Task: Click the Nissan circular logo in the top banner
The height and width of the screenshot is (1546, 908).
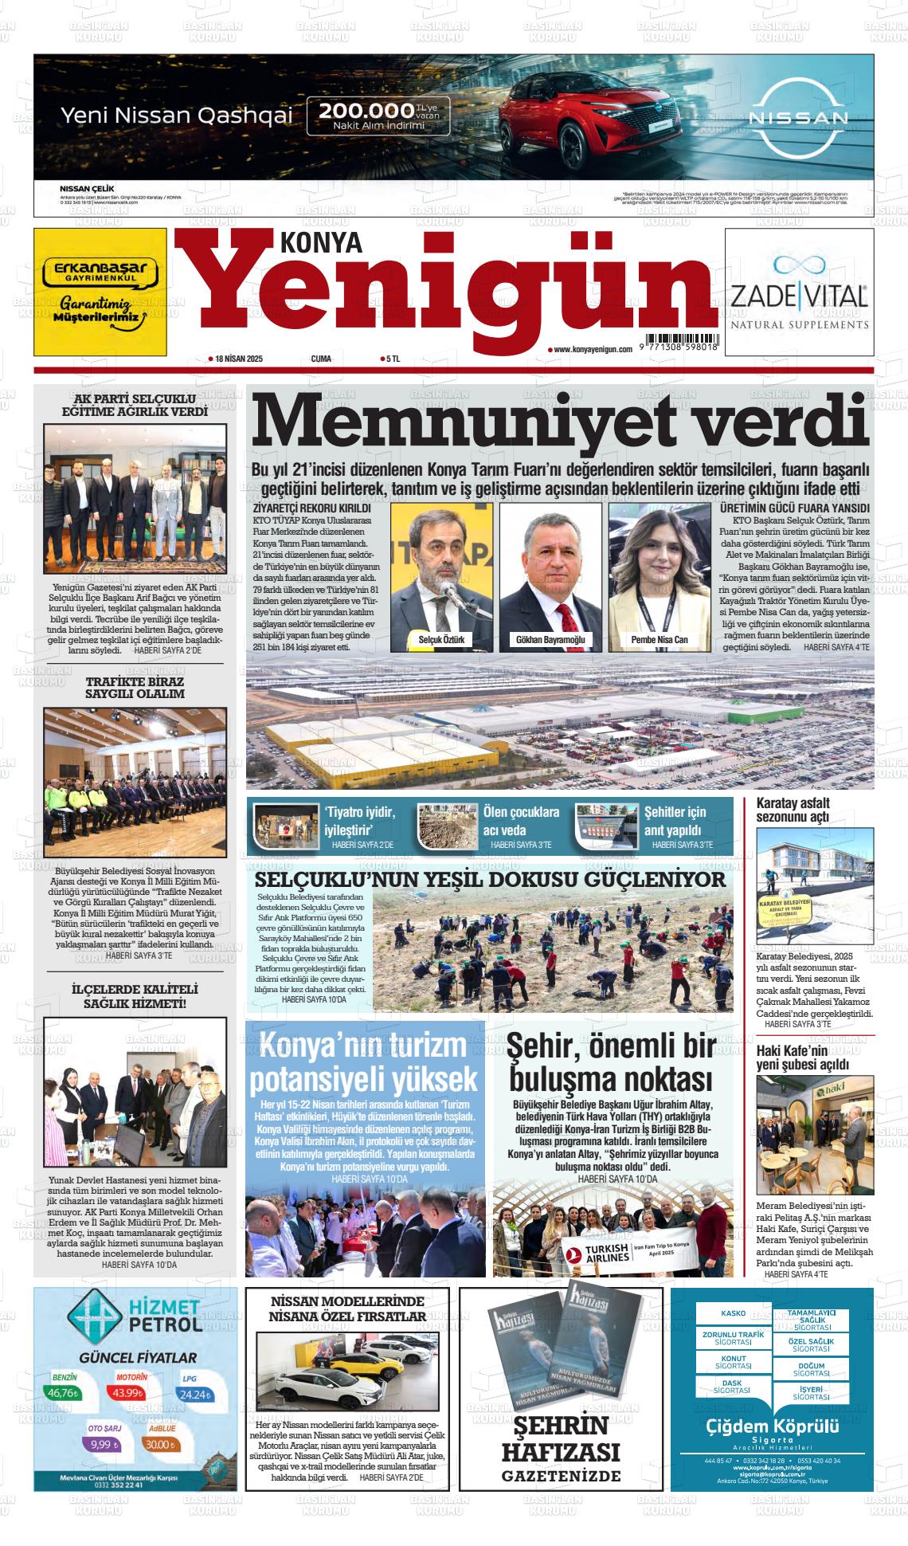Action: (797, 119)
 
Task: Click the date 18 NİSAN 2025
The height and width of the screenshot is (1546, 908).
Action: (238, 359)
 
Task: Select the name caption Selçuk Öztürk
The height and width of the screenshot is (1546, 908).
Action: (440, 640)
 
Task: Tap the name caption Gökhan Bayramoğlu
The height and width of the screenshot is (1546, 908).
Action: (550, 640)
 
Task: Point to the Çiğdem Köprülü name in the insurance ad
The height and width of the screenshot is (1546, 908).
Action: (773, 1426)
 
